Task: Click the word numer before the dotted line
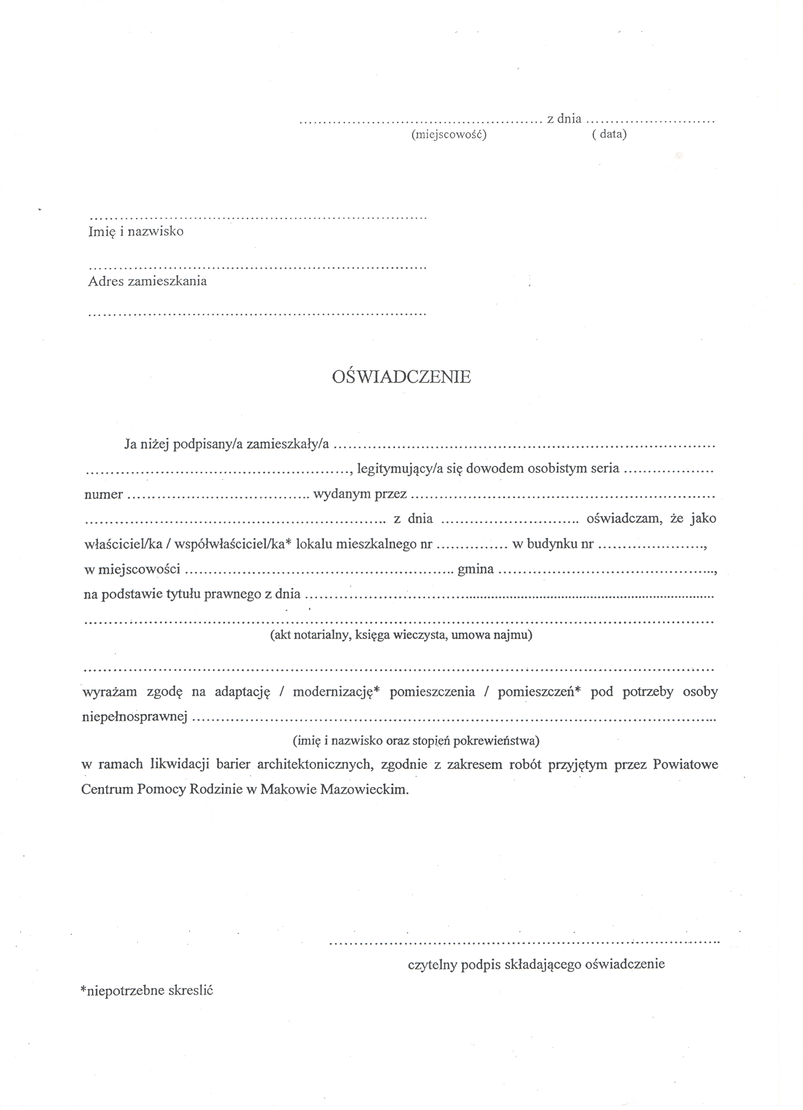[x=103, y=494]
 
